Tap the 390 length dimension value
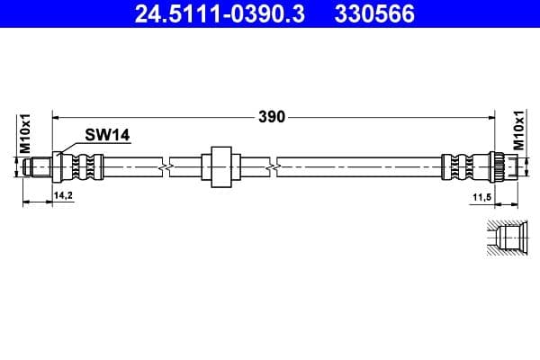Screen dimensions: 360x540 coord(273,116)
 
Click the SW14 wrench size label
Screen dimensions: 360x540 coord(107,134)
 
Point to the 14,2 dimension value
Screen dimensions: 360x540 coord(63,194)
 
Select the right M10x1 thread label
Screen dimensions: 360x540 coord(518,132)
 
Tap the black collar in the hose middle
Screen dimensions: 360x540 coord(220,165)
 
